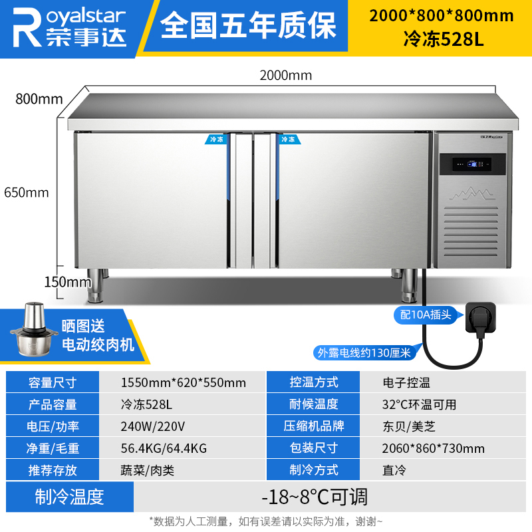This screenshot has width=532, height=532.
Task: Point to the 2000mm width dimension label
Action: pos(285,75)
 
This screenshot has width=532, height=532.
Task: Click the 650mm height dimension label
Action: pos(26,193)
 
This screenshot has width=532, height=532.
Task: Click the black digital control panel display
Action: pos(471,166)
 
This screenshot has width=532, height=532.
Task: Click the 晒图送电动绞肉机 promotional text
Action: pos(98,335)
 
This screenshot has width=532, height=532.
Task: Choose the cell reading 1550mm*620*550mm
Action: pos(184,382)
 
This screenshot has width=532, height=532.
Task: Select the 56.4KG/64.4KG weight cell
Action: pos(164,448)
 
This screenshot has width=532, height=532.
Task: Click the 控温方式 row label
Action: pos(314,382)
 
